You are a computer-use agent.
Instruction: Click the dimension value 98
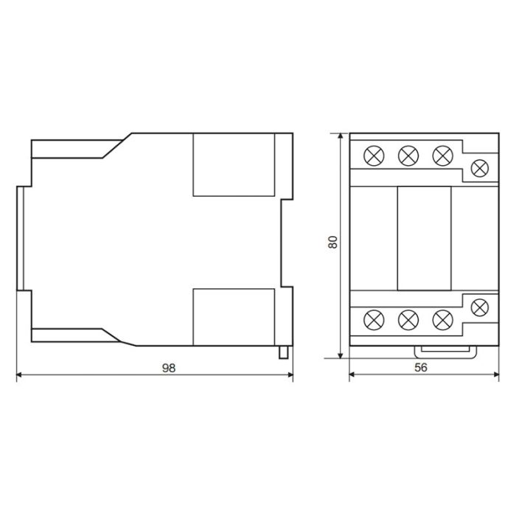pos(169,368)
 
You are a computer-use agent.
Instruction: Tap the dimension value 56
pos(421,367)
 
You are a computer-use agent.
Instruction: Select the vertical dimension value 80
pos(332,242)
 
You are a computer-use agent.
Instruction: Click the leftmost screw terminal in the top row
pos(374,156)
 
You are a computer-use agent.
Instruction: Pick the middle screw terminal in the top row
pos(408,156)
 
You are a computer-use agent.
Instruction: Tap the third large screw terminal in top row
pos(442,156)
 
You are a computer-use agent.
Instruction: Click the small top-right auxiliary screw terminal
pos(480,168)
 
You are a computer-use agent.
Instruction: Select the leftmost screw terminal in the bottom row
pos(374,320)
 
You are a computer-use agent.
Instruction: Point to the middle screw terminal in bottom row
pos(408,320)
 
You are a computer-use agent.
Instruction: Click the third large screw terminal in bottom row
pos(442,320)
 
